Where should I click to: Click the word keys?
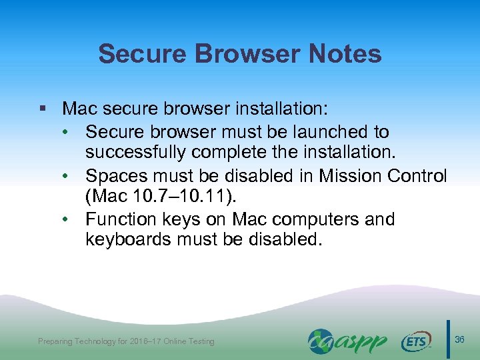click(187, 219)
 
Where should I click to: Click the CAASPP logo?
click(347, 341)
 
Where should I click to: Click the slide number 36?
click(460, 341)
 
